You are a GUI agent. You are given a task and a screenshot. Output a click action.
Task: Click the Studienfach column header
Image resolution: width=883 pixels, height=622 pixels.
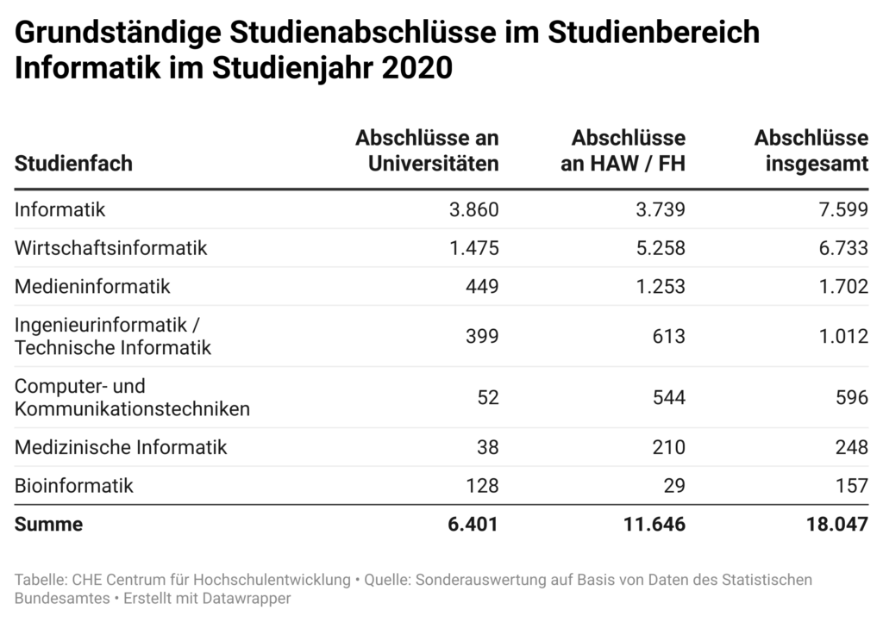pos(73,163)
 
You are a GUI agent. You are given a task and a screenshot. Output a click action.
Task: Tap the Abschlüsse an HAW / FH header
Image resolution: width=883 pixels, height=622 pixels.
pos(623,151)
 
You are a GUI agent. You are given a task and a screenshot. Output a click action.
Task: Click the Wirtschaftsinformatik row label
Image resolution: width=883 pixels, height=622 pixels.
pos(111,248)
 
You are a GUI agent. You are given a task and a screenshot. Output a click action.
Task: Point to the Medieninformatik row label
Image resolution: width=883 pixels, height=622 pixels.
pos(92,286)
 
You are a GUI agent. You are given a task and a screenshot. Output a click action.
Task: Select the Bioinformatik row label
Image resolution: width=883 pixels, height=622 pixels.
pos(74,486)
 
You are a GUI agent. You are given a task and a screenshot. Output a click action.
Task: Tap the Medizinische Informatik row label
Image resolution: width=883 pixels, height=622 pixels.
pos(121,447)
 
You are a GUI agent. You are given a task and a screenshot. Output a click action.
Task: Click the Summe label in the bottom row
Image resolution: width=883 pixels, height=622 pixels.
pos(48,524)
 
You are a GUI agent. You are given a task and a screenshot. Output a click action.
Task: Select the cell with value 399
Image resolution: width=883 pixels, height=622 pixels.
pos(481,336)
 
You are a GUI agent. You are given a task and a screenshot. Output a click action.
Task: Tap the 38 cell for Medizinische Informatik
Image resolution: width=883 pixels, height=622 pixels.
pos(486,447)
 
